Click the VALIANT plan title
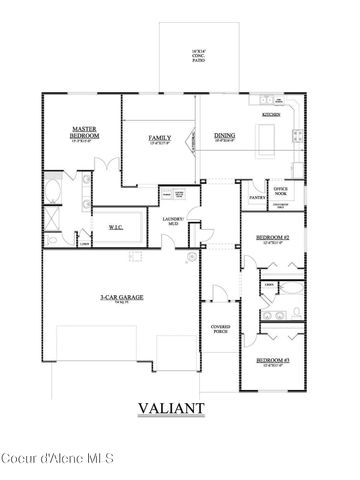tap(173, 408)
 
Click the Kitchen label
tap(271, 115)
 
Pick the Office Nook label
tap(282, 187)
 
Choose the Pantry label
tap(257, 198)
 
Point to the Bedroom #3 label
tap(272, 359)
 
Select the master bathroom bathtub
tap(53, 190)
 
